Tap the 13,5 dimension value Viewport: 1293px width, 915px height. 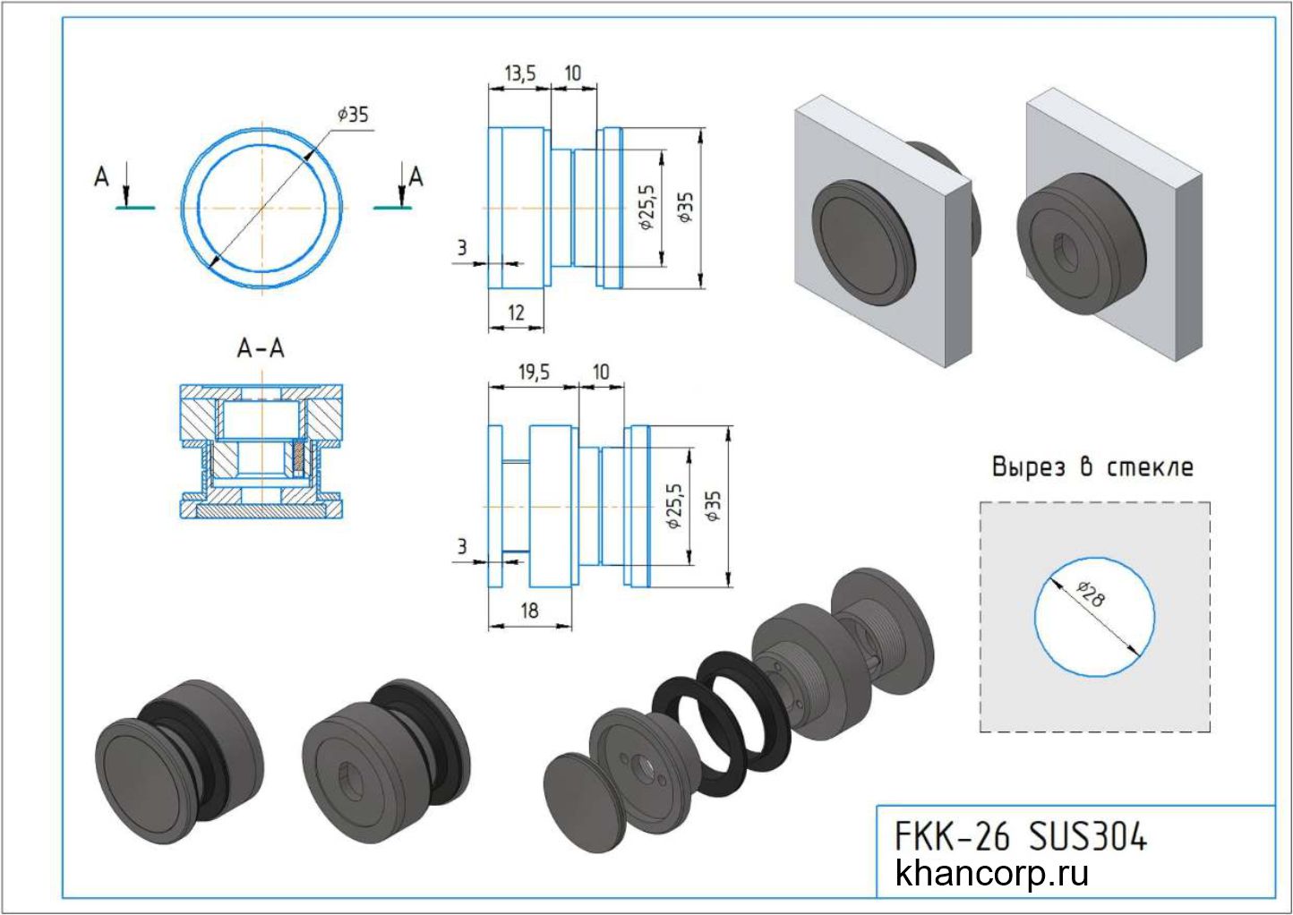coord(519,73)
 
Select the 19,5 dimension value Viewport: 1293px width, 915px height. coord(534,372)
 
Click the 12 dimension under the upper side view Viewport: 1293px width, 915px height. coord(516,313)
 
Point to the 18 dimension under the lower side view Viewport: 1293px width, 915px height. coord(529,611)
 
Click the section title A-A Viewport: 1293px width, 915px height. coord(261,348)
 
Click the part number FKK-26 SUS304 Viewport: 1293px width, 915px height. coord(1021,837)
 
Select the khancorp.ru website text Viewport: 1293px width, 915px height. coord(992,873)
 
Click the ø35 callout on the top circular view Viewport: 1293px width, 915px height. coord(353,115)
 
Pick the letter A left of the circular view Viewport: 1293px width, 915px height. coord(101,178)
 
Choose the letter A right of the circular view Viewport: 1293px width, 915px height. coord(415,178)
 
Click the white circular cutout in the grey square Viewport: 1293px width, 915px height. coord(1093,617)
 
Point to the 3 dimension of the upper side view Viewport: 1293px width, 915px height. coord(462,248)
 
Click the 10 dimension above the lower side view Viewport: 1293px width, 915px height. coord(601,372)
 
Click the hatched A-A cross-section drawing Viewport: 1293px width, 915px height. coord(261,451)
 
